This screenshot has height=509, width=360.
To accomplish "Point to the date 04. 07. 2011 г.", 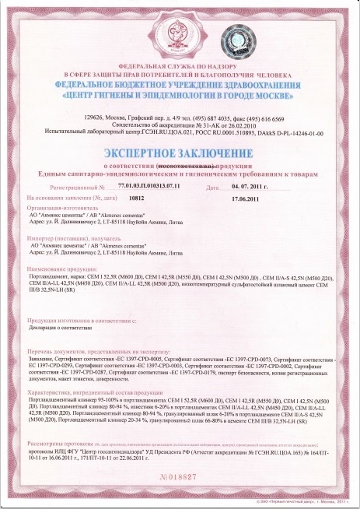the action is [x=253, y=187].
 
